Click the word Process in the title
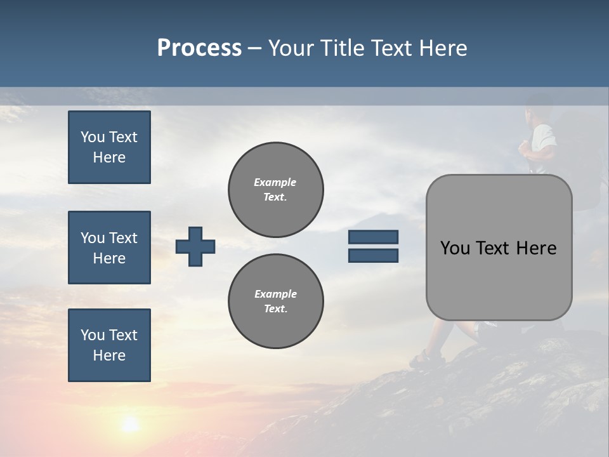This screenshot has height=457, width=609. tap(199, 48)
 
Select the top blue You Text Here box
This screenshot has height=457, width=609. tap(109, 147)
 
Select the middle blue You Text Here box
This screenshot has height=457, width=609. tap(109, 248)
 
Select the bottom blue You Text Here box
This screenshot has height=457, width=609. tap(109, 345)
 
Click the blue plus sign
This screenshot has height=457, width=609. tap(195, 246)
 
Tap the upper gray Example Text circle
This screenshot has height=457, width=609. tap(275, 189)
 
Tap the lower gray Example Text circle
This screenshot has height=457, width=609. tap(275, 301)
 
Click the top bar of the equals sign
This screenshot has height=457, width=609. tap(373, 237)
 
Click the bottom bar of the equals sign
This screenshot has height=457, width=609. tap(373, 255)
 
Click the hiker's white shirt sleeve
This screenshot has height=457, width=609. tap(544, 136)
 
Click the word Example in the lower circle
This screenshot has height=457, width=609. tap(275, 294)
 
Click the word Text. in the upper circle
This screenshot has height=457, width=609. tap(275, 197)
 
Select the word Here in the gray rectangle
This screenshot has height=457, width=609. tap(536, 248)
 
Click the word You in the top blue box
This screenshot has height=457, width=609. tap(93, 137)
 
